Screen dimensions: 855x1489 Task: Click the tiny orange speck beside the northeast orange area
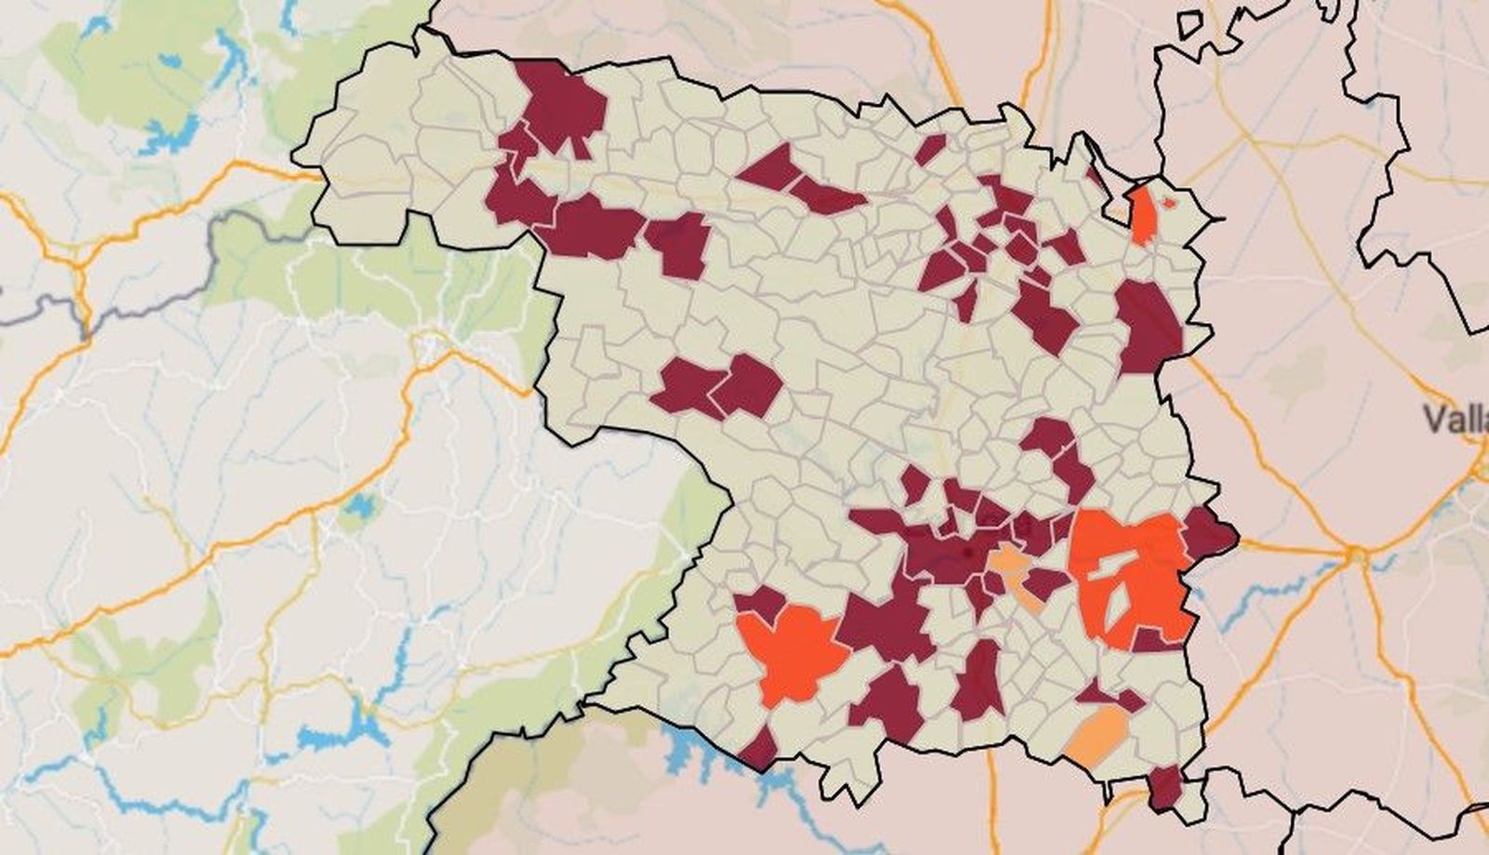(1170, 202)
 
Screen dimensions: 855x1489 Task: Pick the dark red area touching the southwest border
(758, 748)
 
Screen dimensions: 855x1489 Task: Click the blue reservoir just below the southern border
(689, 744)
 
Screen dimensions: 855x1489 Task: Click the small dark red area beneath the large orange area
(1154, 639)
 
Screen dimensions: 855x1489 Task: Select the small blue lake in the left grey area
(357, 504)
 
